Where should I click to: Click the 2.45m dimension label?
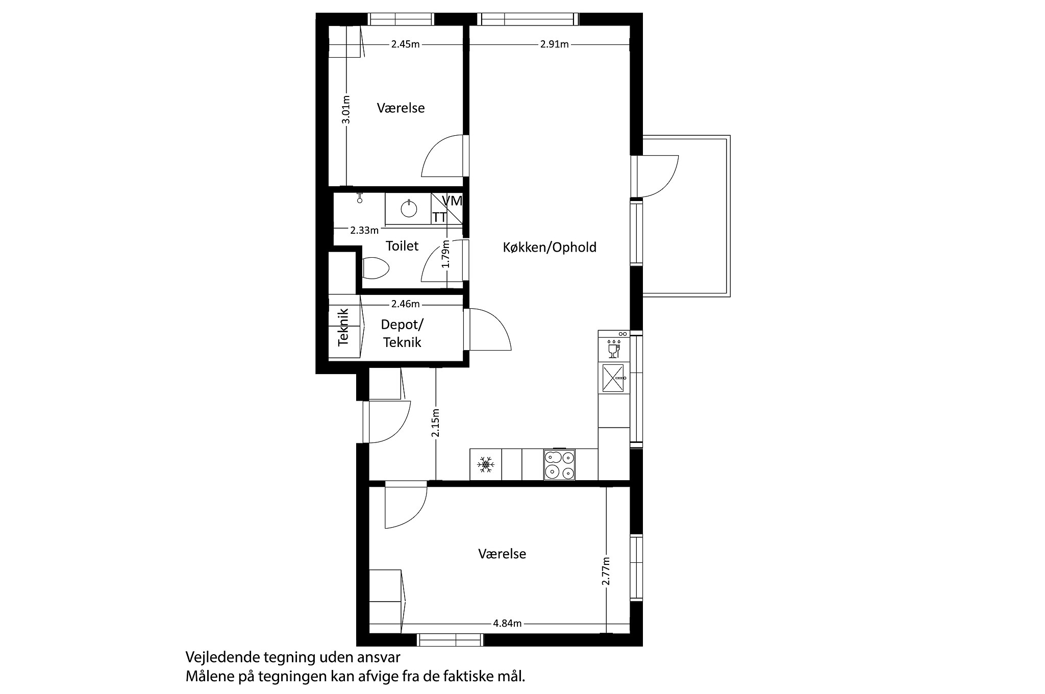(405, 44)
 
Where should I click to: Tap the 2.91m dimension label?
(554, 44)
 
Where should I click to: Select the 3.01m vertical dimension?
(346, 110)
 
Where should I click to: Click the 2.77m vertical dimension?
(606, 571)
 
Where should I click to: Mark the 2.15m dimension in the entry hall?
(435, 423)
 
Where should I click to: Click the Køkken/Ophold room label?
(550, 247)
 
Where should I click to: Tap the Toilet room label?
(402, 246)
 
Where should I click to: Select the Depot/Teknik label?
(402, 333)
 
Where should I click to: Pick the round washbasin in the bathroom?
(409, 209)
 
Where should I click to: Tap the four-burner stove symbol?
(559, 465)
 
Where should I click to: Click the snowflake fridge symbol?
(486, 465)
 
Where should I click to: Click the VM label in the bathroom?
(452, 201)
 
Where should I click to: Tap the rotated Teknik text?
(343, 327)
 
